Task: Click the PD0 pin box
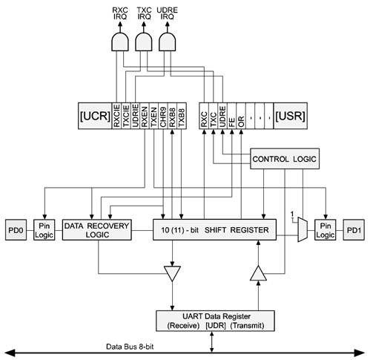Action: click(16, 230)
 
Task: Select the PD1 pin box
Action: click(354, 230)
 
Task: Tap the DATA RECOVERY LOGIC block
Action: click(96, 230)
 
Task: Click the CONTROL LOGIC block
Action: click(285, 159)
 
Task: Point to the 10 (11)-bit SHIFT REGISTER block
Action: click(214, 229)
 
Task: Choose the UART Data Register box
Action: click(215, 321)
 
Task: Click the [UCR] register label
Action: click(95, 116)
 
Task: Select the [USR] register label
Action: click(291, 116)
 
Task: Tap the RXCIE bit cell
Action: click(116, 116)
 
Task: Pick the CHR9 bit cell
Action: click(163, 116)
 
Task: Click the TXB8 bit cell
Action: click(182, 116)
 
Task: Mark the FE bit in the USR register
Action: click(232, 116)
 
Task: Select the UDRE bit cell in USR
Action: click(222, 116)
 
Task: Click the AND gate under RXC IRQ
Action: click(120, 42)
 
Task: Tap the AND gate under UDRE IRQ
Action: click(167, 42)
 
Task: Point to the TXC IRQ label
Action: click(144, 13)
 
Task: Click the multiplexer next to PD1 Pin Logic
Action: click(303, 229)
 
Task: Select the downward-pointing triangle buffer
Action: click(172, 273)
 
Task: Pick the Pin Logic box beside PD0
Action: click(44, 230)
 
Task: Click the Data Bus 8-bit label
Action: click(130, 347)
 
